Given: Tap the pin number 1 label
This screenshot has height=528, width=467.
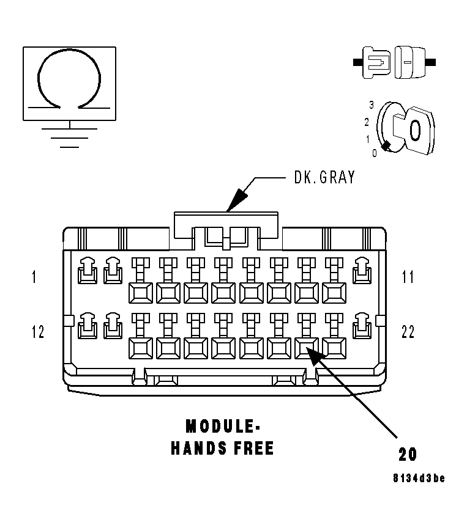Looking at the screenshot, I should [x=34, y=277].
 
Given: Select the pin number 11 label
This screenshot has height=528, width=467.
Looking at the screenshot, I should [x=408, y=277].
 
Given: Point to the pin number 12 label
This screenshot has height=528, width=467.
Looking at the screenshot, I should [x=37, y=332].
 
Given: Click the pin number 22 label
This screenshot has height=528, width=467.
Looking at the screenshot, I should [x=408, y=332].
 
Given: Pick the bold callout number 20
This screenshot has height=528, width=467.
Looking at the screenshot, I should [x=408, y=454].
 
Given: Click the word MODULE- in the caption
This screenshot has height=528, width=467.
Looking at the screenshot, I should [x=221, y=425].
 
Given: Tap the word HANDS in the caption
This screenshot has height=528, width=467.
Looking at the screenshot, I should [x=200, y=449].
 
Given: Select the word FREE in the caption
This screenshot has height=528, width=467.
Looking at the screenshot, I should [x=253, y=449].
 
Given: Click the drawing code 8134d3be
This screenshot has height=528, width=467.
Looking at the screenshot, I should [x=419, y=478].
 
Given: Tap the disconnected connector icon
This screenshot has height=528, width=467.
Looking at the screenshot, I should [x=395, y=62].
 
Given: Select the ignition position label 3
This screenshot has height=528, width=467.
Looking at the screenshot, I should [x=371, y=104].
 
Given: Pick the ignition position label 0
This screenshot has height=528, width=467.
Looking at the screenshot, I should [x=375, y=153].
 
